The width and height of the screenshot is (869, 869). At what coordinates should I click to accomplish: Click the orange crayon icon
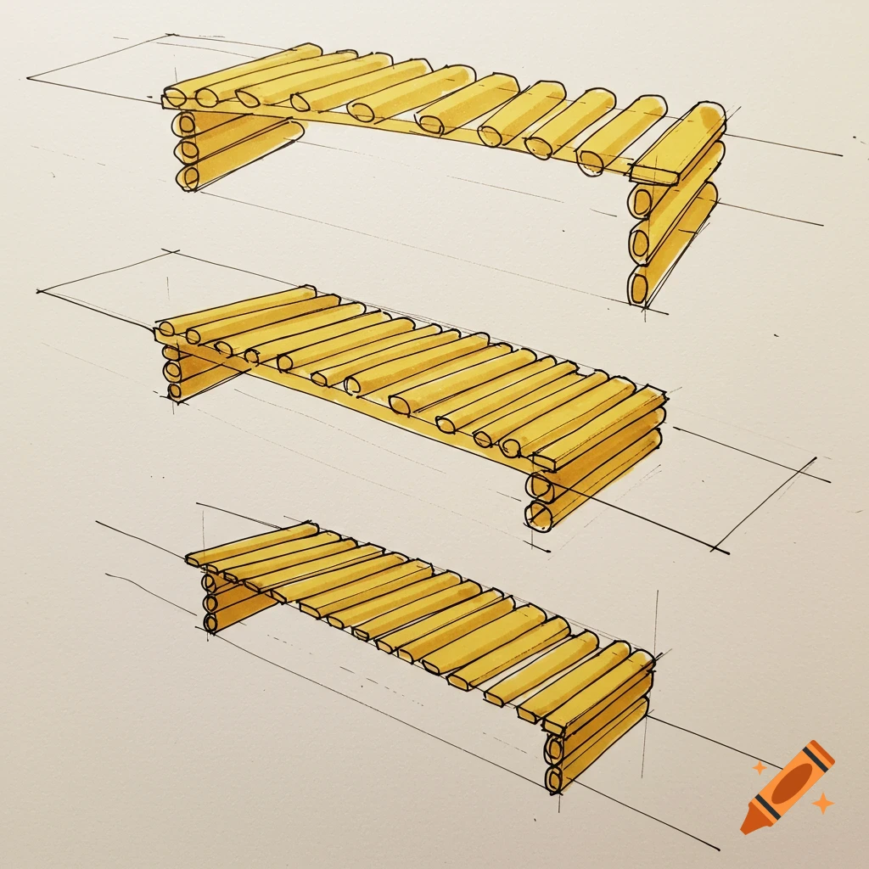(788, 786)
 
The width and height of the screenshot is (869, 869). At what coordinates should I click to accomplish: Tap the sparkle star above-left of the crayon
(760, 768)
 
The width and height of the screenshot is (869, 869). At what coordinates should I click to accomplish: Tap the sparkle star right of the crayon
(821, 802)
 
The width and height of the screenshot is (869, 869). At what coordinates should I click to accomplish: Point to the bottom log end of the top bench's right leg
(638, 285)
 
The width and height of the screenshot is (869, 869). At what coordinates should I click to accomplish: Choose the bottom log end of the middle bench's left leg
(175, 390)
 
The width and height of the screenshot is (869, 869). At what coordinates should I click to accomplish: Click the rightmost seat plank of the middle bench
(598, 429)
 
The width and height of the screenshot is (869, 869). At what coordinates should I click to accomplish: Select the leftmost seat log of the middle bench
(238, 310)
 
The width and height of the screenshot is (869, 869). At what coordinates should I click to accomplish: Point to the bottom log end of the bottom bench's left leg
(210, 623)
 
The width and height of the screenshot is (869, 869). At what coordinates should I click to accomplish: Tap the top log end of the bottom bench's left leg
(209, 582)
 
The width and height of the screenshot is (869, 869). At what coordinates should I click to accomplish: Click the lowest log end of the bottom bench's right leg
(554, 780)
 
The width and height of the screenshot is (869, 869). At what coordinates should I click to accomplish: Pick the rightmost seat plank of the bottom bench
(598, 692)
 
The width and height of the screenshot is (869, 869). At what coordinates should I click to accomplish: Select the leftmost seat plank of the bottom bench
(251, 544)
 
